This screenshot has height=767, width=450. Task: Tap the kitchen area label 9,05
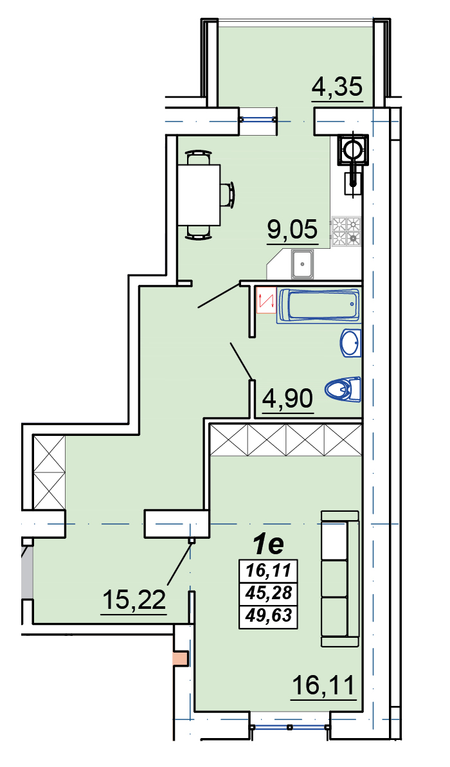coord(292,229)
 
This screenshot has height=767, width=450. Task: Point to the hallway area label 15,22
coord(134,599)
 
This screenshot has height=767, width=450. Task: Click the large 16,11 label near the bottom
coord(322,686)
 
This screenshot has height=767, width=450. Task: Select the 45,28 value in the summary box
coord(269,593)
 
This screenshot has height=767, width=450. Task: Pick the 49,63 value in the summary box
coord(269,615)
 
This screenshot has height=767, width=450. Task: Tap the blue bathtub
coord(318,306)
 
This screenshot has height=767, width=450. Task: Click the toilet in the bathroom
coord(343,390)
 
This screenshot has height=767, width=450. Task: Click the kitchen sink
coord(303,264)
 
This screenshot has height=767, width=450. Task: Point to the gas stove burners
coord(346,231)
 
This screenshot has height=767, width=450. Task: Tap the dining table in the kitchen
coord(199,195)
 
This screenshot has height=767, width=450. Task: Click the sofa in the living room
coord(340,578)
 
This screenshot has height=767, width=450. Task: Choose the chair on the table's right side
coord(228,195)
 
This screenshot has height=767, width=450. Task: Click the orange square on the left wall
coord(181,658)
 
